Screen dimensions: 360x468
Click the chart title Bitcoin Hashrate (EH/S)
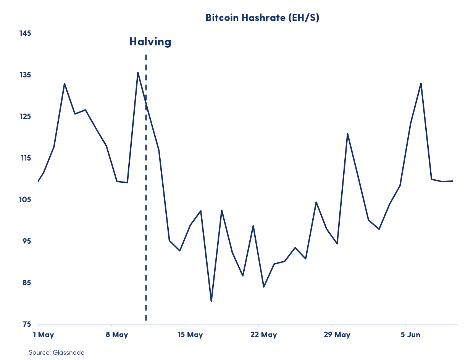coord(262,18)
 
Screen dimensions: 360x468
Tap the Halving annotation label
coord(150,42)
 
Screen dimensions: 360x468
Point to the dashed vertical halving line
coord(146,191)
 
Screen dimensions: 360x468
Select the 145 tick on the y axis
coord(25,33)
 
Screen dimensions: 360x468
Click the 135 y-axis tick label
coord(25,75)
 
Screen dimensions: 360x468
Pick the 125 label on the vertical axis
coord(25,116)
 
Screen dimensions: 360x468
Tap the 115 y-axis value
coord(25,158)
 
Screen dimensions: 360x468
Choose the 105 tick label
coord(25,199)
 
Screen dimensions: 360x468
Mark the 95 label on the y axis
coord(25,241)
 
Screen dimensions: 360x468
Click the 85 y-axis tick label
coord(25,283)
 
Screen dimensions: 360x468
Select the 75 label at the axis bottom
coord(25,324)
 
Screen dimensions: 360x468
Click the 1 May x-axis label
coord(44,335)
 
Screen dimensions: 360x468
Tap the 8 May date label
coord(117,335)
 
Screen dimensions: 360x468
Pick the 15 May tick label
coord(190,335)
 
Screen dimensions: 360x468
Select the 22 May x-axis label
coord(264,335)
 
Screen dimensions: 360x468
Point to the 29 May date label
coord(337,335)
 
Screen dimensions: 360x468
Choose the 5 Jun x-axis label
coord(410,335)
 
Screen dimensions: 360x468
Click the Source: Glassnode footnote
coord(56,352)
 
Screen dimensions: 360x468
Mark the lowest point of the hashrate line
coord(211,301)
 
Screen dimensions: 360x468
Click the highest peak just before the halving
coord(138,72)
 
